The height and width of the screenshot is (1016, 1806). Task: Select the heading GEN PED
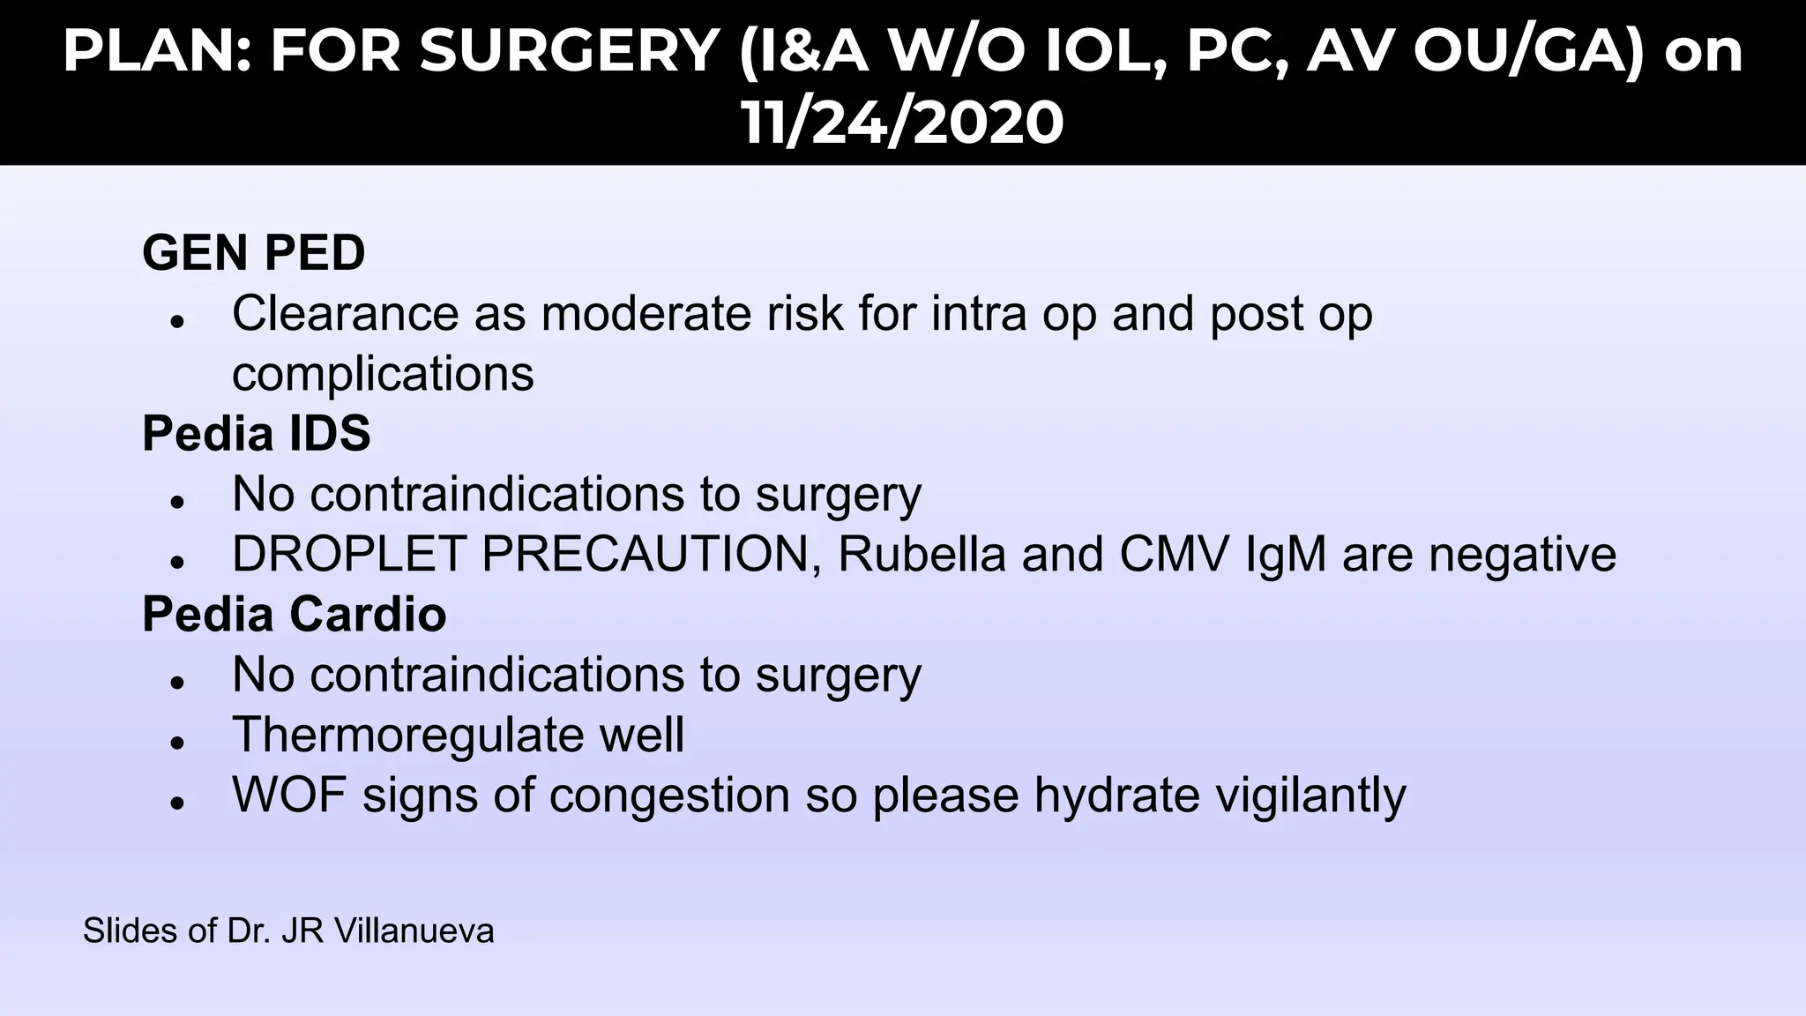click(x=254, y=253)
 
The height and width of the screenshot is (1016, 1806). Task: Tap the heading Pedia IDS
click(x=257, y=434)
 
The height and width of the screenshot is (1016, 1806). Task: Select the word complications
click(x=383, y=374)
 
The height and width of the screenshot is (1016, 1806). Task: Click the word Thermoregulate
click(x=408, y=735)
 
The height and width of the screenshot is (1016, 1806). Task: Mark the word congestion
click(x=669, y=795)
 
